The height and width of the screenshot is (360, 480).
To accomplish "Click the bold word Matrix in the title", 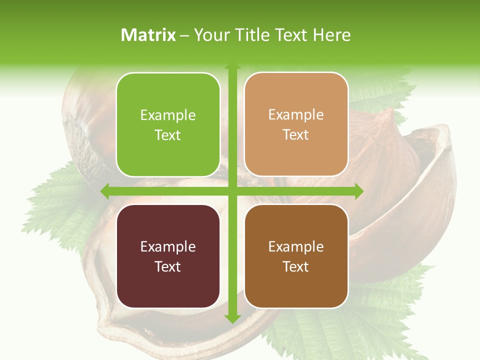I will point(148,35).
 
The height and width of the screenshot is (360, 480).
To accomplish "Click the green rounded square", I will point(168,124).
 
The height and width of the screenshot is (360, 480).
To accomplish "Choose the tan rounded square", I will point(296,124).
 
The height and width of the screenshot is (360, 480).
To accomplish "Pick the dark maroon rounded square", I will point(168,256).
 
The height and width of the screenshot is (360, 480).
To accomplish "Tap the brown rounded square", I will point(296,256).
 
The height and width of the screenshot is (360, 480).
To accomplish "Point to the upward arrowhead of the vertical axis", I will point(232,68).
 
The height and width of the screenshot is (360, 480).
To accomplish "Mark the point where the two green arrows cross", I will point(232,191).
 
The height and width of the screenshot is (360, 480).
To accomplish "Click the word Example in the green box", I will point(168,115).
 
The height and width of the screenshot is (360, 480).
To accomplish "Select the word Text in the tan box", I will point(296,135).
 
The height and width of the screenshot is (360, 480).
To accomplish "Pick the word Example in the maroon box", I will point(168,246).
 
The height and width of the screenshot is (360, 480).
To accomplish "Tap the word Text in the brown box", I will point(296,266).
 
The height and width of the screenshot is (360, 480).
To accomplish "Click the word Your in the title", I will point(210,35).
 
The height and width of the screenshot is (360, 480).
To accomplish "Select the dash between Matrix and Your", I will point(184,35).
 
